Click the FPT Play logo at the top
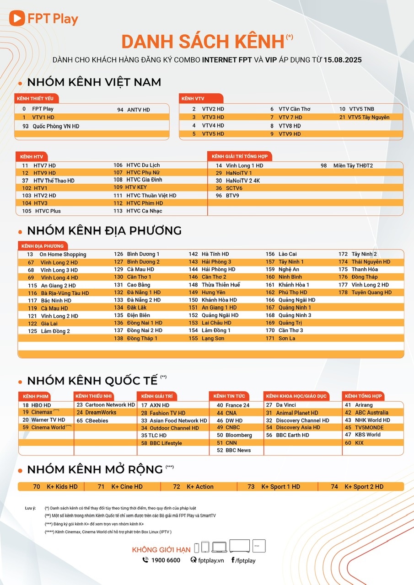[43, 19]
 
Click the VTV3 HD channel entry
[213, 117]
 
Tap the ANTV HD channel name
[138, 110]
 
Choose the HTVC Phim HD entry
[145, 203]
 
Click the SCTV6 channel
[234, 188]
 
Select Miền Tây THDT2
[353, 165]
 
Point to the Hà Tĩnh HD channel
[215, 254]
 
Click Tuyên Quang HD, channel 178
[371, 292]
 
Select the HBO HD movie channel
[41, 405]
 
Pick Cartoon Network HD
[110, 405]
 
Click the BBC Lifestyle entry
[166, 443]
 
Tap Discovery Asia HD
[298, 428]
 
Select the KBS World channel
[367, 435]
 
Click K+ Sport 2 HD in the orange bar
[364, 487]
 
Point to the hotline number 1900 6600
[165, 560]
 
